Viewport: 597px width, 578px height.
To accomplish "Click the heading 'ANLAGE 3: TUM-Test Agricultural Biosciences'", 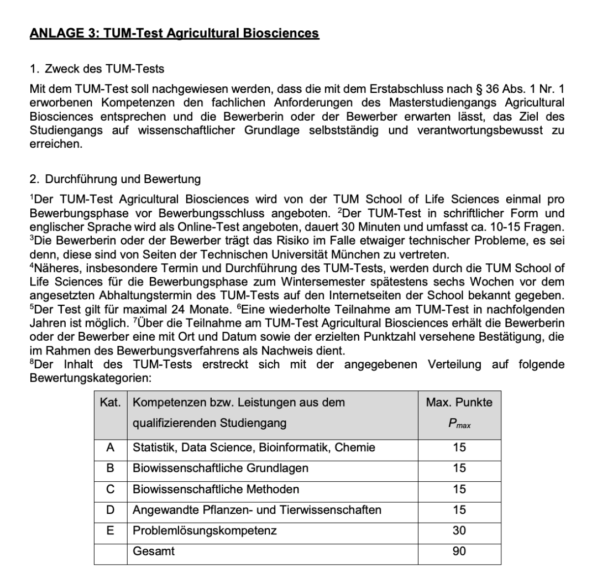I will point(174,34).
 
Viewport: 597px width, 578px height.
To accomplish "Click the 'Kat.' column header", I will point(111,403).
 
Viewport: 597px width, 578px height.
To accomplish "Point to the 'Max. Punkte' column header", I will point(459,403).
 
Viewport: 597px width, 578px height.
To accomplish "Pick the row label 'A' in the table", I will point(111,447).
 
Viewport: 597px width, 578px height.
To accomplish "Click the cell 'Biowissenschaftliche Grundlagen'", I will point(221,468).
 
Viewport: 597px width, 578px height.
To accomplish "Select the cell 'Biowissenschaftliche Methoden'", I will point(216,489).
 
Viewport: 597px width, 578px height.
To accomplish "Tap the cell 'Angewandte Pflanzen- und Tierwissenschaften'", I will point(257,510).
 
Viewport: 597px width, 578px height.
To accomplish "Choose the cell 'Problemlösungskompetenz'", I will point(205,530).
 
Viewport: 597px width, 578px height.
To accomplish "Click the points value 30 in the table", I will point(459,530).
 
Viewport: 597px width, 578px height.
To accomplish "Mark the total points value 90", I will point(459,551).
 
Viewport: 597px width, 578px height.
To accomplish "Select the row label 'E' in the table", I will point(111,530).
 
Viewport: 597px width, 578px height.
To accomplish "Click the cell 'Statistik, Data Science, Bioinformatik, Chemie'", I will point(254,447).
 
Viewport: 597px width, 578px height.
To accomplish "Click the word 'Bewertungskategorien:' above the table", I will point(90,376).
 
